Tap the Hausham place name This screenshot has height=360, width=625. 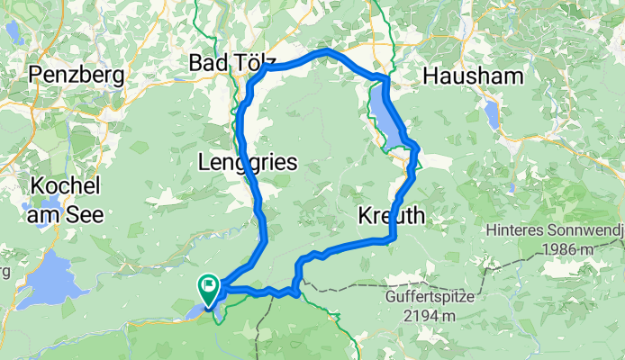coord(472,75)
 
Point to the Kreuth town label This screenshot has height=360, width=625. coord(393,216)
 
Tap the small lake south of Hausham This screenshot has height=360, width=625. coord(492,114)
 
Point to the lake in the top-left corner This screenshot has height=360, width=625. coord(14,31)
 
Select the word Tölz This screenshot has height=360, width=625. coord(254,63)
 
